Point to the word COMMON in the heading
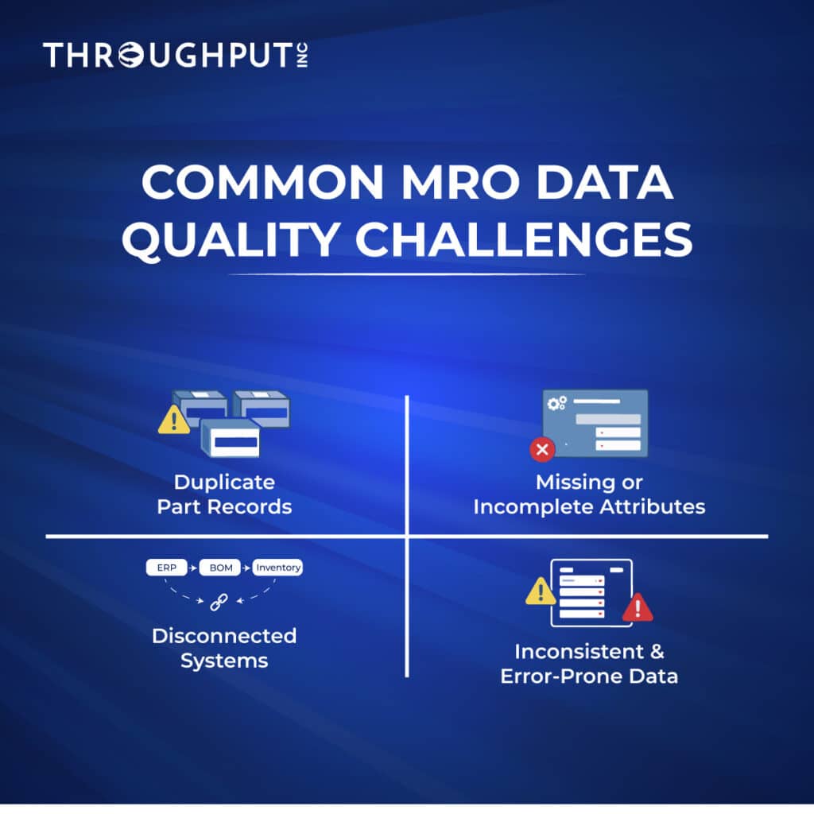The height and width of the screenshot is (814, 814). pos(259,185)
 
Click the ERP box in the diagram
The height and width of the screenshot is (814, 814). pos(165,568)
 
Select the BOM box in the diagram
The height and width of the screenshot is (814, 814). pos(219,568)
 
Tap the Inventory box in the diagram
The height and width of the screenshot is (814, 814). pos(277,568)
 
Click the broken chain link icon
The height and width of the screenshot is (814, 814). pos(219,603)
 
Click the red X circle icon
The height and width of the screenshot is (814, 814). pos(542,451)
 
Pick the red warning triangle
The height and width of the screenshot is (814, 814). pos(637,608)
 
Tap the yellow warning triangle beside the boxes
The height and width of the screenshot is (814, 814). pos(173,421)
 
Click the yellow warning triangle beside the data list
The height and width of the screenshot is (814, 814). pos(541,591)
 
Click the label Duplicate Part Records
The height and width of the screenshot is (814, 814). pos(224,494)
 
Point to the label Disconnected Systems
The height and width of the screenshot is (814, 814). pos(224,648)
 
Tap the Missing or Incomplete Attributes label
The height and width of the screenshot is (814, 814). pos(589,494)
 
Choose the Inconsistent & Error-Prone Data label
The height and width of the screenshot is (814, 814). pos(589,664)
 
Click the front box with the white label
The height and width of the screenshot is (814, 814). pos(231,439)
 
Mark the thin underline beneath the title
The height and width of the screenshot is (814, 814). pos(406,275)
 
